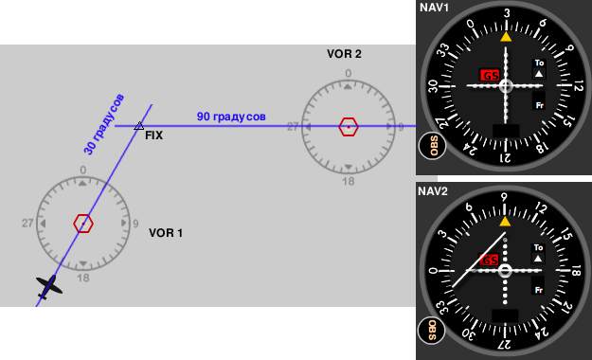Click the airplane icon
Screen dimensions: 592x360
49,287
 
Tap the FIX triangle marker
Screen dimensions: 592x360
139,126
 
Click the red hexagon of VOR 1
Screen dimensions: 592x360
83,224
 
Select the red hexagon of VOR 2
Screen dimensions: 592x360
349,127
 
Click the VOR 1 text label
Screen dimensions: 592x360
166,233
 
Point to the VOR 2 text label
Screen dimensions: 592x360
344,54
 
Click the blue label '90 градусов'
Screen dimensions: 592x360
231,117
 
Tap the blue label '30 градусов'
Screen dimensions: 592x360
104,124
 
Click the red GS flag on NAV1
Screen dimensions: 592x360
490,75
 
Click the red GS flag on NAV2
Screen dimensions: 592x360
489,260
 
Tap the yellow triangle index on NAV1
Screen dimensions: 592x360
506,37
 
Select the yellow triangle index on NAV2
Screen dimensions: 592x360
505,222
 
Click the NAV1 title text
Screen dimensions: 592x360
434,8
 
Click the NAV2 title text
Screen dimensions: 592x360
433,191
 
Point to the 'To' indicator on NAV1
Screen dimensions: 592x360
539,63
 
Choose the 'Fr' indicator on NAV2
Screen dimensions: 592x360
539,290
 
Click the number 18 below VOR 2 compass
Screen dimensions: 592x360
349,182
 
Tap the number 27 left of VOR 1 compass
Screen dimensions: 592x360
27,224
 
